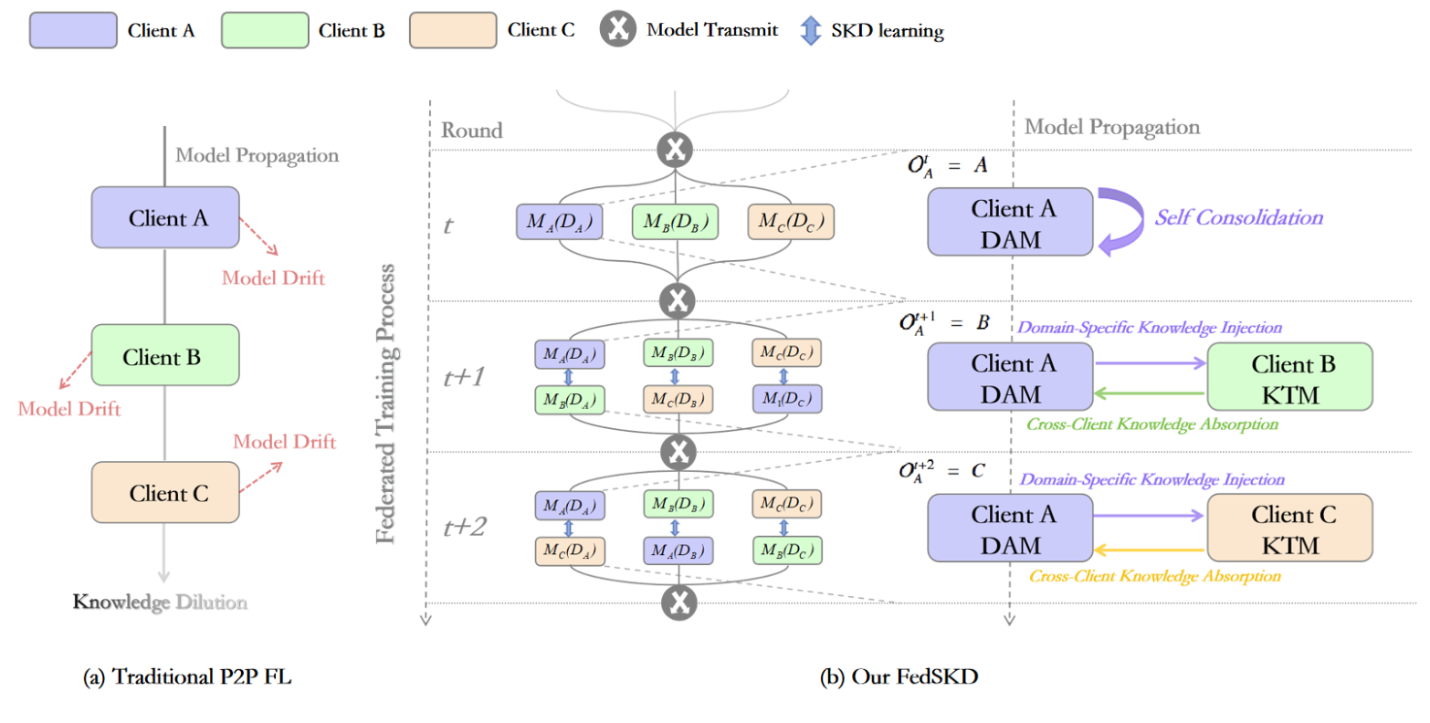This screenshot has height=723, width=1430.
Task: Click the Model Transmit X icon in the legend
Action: point(617,30)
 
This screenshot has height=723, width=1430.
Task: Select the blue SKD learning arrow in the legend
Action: point(810,30)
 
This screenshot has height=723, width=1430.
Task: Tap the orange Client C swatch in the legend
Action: point(453,30)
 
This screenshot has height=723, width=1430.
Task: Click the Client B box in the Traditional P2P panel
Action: point(165,356)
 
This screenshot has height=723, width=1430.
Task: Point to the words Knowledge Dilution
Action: point(160,602)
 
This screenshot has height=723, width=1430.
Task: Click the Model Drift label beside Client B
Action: point(69,409)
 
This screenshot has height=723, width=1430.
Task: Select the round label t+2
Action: point(465,527)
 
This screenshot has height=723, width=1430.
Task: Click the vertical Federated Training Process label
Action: point(386,403)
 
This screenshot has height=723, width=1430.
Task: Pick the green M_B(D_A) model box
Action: point(569,399)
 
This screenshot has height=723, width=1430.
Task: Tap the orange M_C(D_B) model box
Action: point(677,399)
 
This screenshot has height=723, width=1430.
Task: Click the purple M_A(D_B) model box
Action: point(677,550)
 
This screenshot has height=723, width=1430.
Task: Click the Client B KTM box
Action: point(1289,378)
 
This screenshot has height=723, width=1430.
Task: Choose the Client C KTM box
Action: point(1289,529)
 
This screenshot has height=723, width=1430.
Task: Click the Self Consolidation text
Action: point(1238,217)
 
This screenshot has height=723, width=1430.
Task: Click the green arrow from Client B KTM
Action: point(1151,394)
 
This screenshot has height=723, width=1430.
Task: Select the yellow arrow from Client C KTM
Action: point(1151,550)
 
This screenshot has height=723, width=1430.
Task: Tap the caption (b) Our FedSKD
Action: point(899,677)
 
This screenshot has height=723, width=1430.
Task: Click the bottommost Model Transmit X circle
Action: point(678,602)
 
